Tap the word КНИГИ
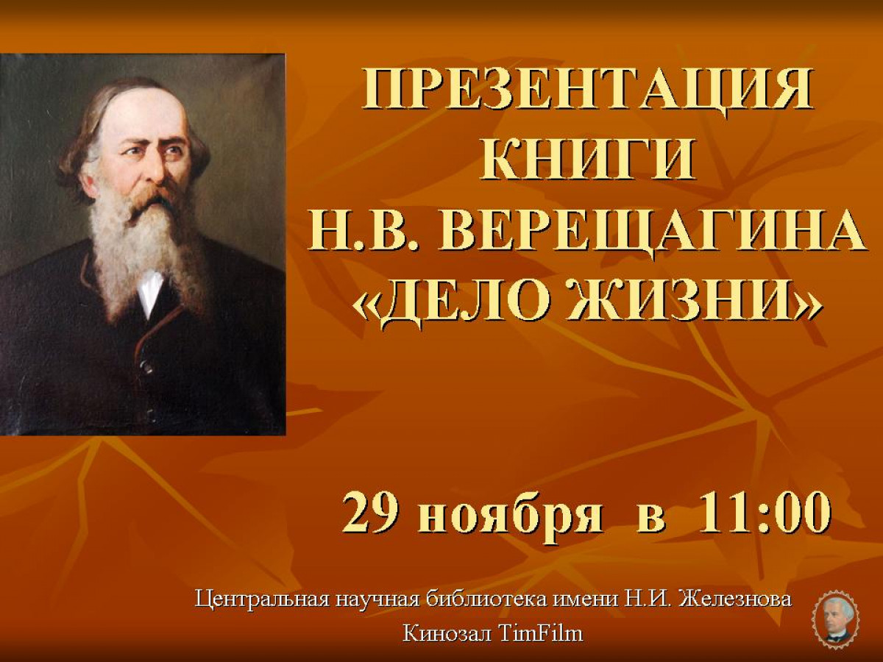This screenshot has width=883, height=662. (x=588, y=162)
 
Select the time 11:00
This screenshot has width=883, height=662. (x=765, y=515)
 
